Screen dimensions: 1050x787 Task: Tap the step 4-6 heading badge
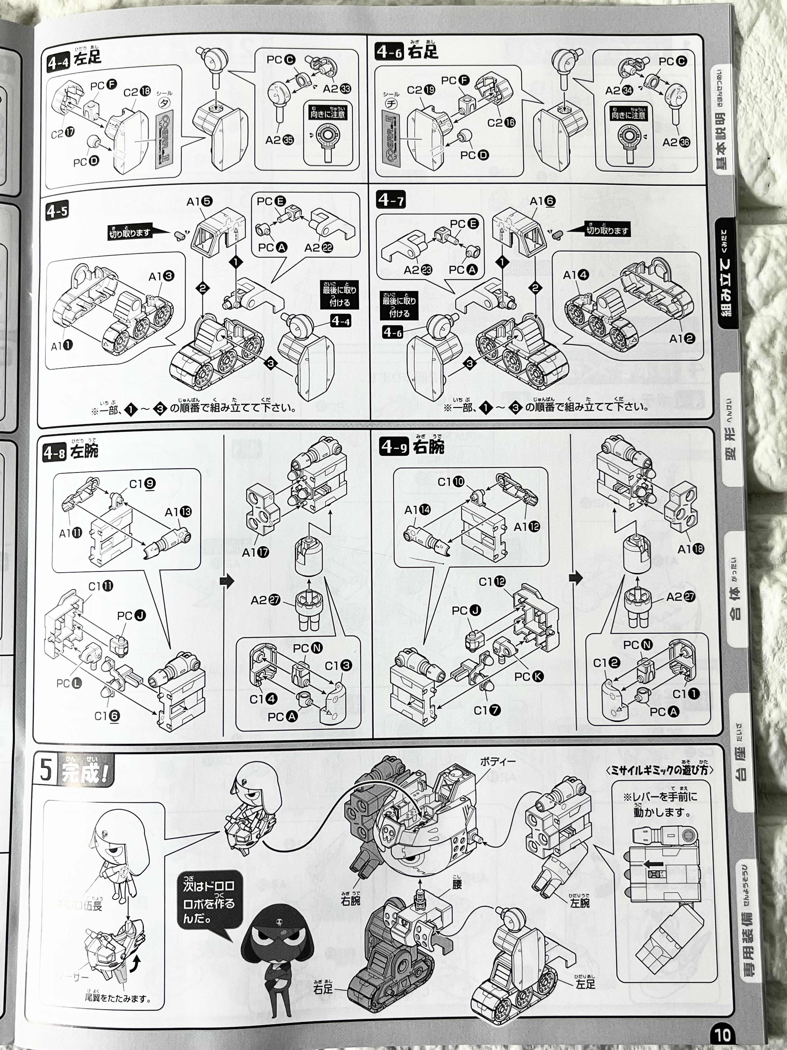pos(389,52)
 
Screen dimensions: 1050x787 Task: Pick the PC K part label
pos(529,676)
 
